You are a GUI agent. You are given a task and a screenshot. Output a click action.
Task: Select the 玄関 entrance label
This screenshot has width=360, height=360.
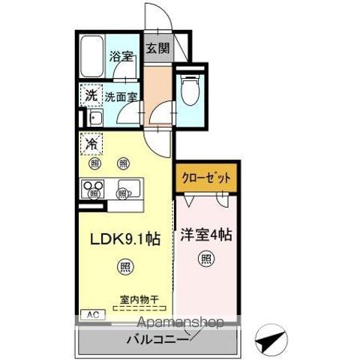[157, 49]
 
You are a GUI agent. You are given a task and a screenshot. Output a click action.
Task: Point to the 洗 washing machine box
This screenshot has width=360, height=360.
[91, 95]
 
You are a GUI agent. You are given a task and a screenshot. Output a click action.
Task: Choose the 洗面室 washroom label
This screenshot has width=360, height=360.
[120, 96]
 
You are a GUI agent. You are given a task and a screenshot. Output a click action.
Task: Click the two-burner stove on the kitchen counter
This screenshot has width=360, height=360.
[93, 188]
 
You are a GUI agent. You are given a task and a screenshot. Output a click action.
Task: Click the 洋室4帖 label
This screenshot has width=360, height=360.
[205, 234]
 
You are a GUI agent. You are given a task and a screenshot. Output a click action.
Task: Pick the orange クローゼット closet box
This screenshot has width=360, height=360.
[206, 178]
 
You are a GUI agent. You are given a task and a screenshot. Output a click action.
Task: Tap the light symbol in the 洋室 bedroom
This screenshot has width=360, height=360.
[205, 259]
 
